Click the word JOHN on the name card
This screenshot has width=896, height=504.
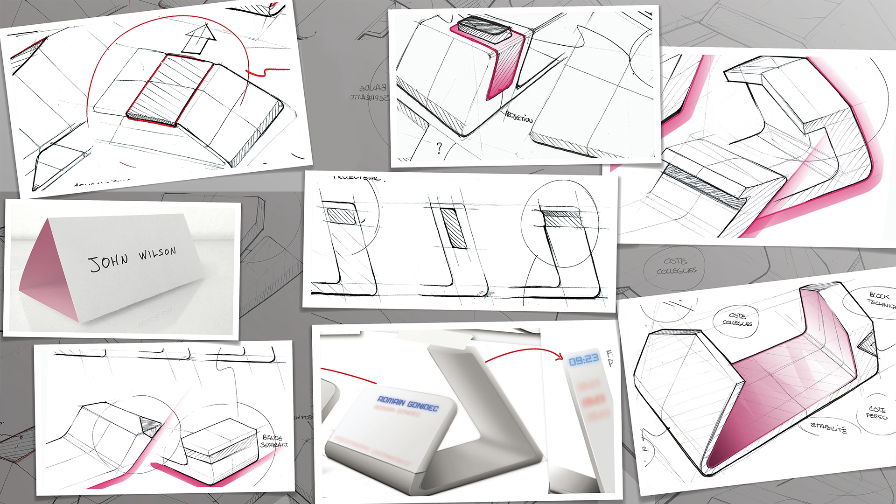pyautogui.click(x=108, y=262)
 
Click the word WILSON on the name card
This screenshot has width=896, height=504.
pyautogui.click(x=157, y=254)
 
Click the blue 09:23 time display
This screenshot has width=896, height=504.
pyautogui.click(x=584, y=359)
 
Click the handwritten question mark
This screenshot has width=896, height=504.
pyautogui.click(x=439, y=148)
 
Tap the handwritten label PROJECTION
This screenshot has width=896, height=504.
pyautogui.click(x=518, y=117)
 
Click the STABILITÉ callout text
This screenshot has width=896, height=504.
pyautogui.click(x=828, y=427)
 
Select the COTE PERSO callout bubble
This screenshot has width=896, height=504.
pyautogui.click(x=876, y=413)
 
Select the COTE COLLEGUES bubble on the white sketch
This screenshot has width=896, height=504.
pyautogui.click(x=737, y=320)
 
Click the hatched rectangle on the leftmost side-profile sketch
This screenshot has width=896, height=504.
pyautogui.click(x=341, y=216)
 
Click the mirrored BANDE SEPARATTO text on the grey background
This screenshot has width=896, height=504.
pyautogui.click(x=369, y=93)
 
